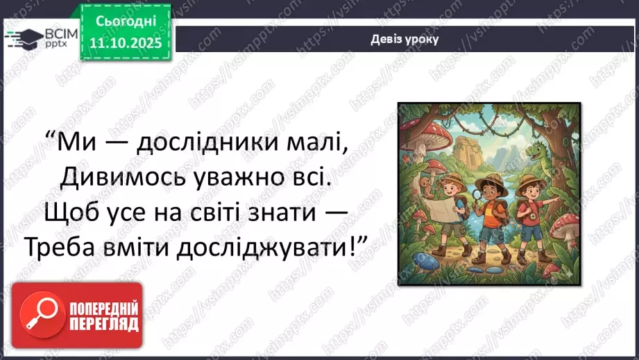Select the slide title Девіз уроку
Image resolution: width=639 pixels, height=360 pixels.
pos(404,39)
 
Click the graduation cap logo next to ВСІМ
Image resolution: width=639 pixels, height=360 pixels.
pos(24,38)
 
